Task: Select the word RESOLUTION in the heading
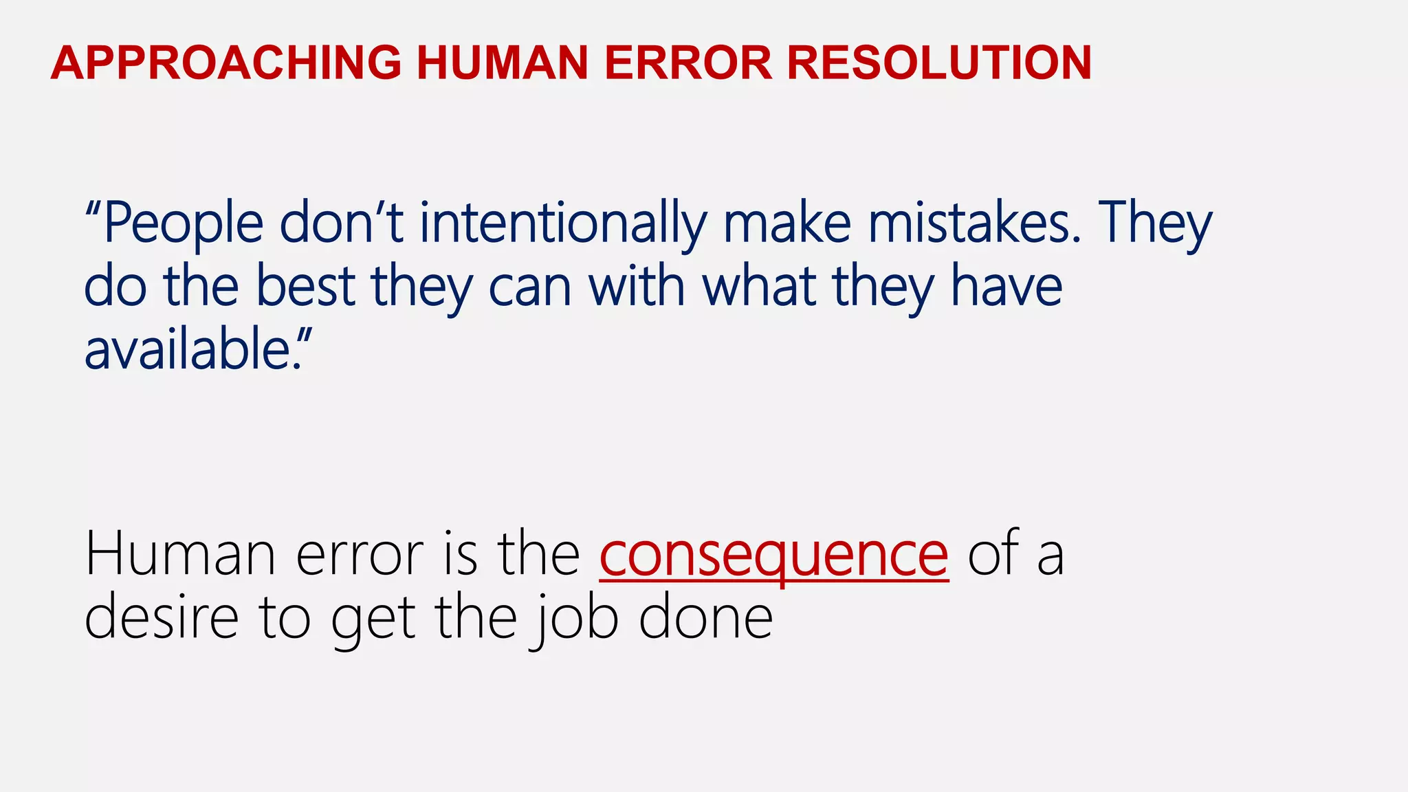click(938, 63)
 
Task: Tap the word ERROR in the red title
click(687, 63)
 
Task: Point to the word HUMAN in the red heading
click(502, 63)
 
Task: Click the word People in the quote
click(183, 223)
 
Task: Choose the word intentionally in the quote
click(563, 223)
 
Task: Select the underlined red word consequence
click(773, 555)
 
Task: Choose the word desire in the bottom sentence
click(162, 617)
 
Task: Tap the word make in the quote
click(787, 223)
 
